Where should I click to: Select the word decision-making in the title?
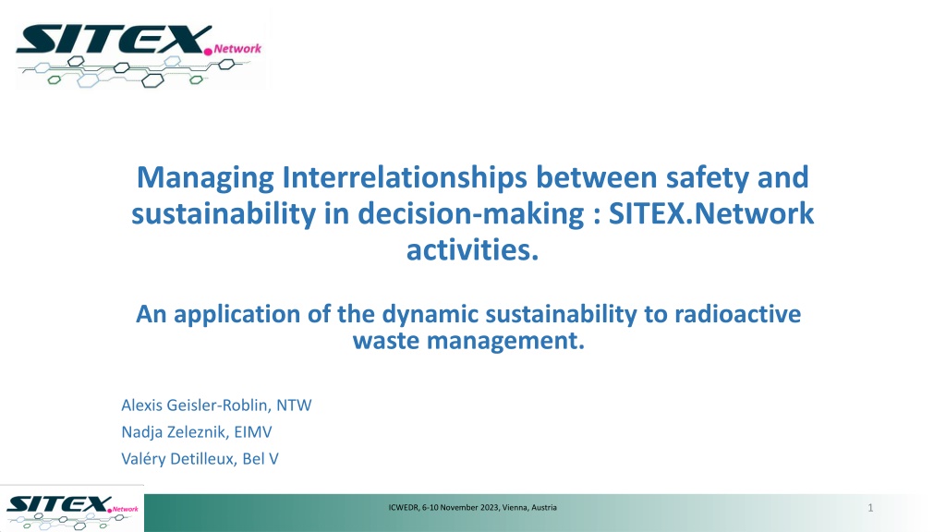[471, 214]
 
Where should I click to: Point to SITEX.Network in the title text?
[711, 213]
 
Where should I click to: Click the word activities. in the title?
[472, 249]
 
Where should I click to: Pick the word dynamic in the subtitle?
[431, 315]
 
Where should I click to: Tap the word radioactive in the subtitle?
[738, 314]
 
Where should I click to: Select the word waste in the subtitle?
[386, 341]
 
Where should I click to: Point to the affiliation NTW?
[294, 405]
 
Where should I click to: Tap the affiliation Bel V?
[260, 459]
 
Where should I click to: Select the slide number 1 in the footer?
[870, 508]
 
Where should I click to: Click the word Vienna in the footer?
[515, 508]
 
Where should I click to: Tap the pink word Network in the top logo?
[237, 49]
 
